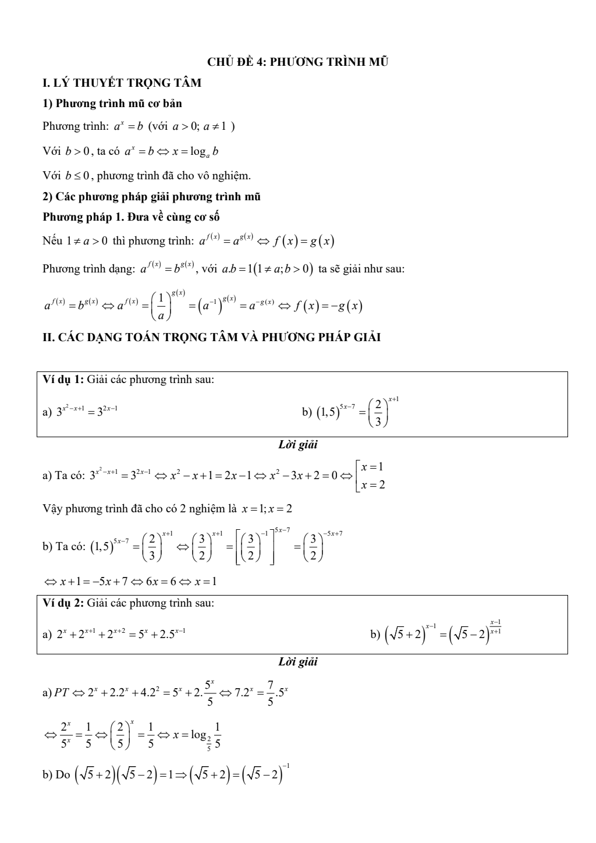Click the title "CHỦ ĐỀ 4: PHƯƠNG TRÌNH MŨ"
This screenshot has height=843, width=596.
point(298,62)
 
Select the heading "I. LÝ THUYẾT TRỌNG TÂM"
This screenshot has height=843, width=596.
point(122,83)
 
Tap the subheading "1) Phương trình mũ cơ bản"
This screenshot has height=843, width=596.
point(112,104)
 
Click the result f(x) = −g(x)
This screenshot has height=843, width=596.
point(329,306)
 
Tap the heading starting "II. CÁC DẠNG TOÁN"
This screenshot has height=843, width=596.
point(212,337)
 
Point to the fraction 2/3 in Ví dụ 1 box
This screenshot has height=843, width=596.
point(378,413)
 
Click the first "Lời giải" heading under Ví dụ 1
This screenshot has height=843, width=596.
point(298,445)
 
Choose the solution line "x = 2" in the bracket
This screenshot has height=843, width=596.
point(373,485)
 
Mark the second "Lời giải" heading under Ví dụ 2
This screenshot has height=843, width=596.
point(298,662)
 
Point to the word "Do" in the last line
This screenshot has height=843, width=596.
point(62,774)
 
